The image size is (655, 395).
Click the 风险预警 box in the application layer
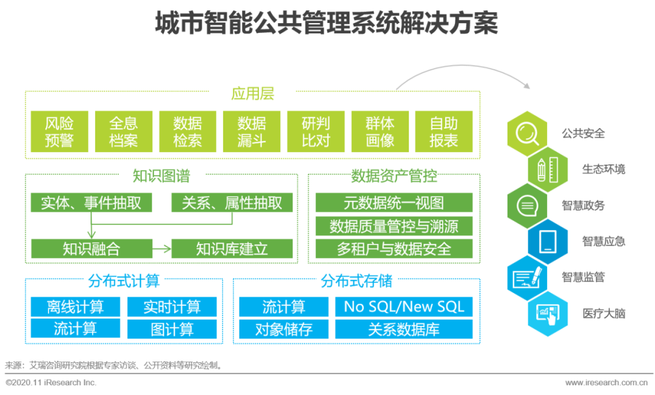[x=59, y=132]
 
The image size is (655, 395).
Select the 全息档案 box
[x=123, y=132]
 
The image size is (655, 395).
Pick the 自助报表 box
[x=443, y=132]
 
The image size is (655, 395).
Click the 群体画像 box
[x=380, y=132]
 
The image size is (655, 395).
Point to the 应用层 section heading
[x=252, y=94]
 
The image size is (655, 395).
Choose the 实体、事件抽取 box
[x=91, y=203]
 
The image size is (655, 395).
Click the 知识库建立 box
[x=232, y=248]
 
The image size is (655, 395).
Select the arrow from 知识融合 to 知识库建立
[x=161, y=248]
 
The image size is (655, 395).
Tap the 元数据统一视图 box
[x=394, y=203]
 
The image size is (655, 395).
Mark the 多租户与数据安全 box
[x=394, y=248]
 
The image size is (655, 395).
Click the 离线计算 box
[x=75, y=306]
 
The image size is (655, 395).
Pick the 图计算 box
[x=172, y=329]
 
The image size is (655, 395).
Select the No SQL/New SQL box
[x=403, y=306]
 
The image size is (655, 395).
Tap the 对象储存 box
[x=283, y=329]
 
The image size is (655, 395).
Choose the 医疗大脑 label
[x=603, y=314]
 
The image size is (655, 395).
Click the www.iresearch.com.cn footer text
[x=606, y=383]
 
